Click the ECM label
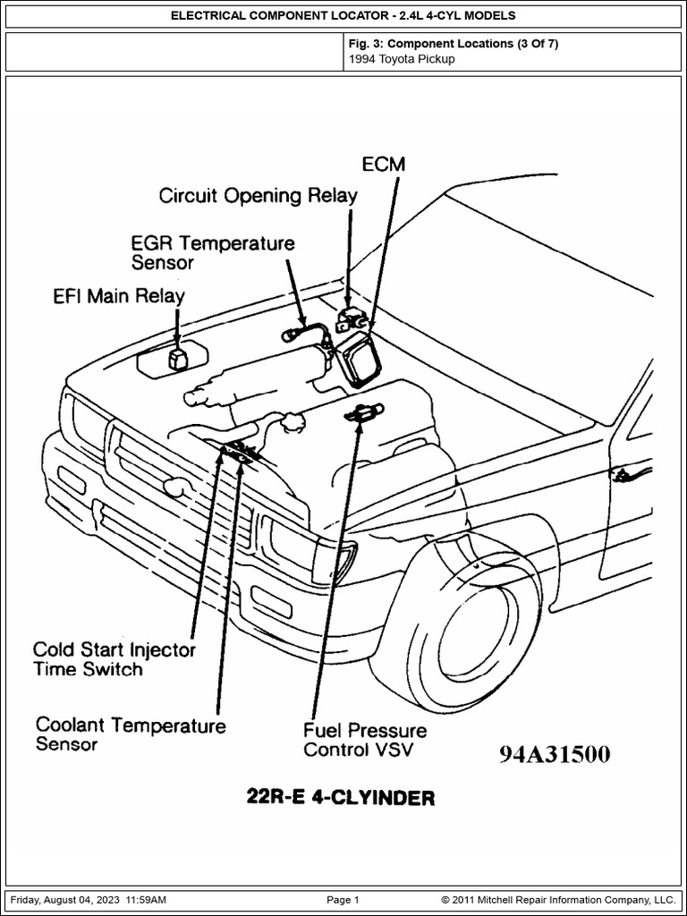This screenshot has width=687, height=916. point(383,165)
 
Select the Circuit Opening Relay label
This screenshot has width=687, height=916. point(258,196)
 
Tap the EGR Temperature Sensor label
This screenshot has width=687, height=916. point(213,251)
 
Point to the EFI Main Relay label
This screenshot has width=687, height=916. point(119,296)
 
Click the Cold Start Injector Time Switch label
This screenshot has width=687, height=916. point(114,658)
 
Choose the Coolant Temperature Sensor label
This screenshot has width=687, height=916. point(131,735)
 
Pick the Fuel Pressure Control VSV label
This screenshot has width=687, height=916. point(365,740)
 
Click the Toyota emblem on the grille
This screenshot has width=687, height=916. point(174,484)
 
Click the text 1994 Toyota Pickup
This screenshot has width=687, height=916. point(402,59)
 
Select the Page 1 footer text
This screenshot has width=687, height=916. point(343,900)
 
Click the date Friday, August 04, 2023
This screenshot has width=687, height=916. point(65,900)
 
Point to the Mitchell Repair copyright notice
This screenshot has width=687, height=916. point(558,900)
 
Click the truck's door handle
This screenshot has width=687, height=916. point(621,473)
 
